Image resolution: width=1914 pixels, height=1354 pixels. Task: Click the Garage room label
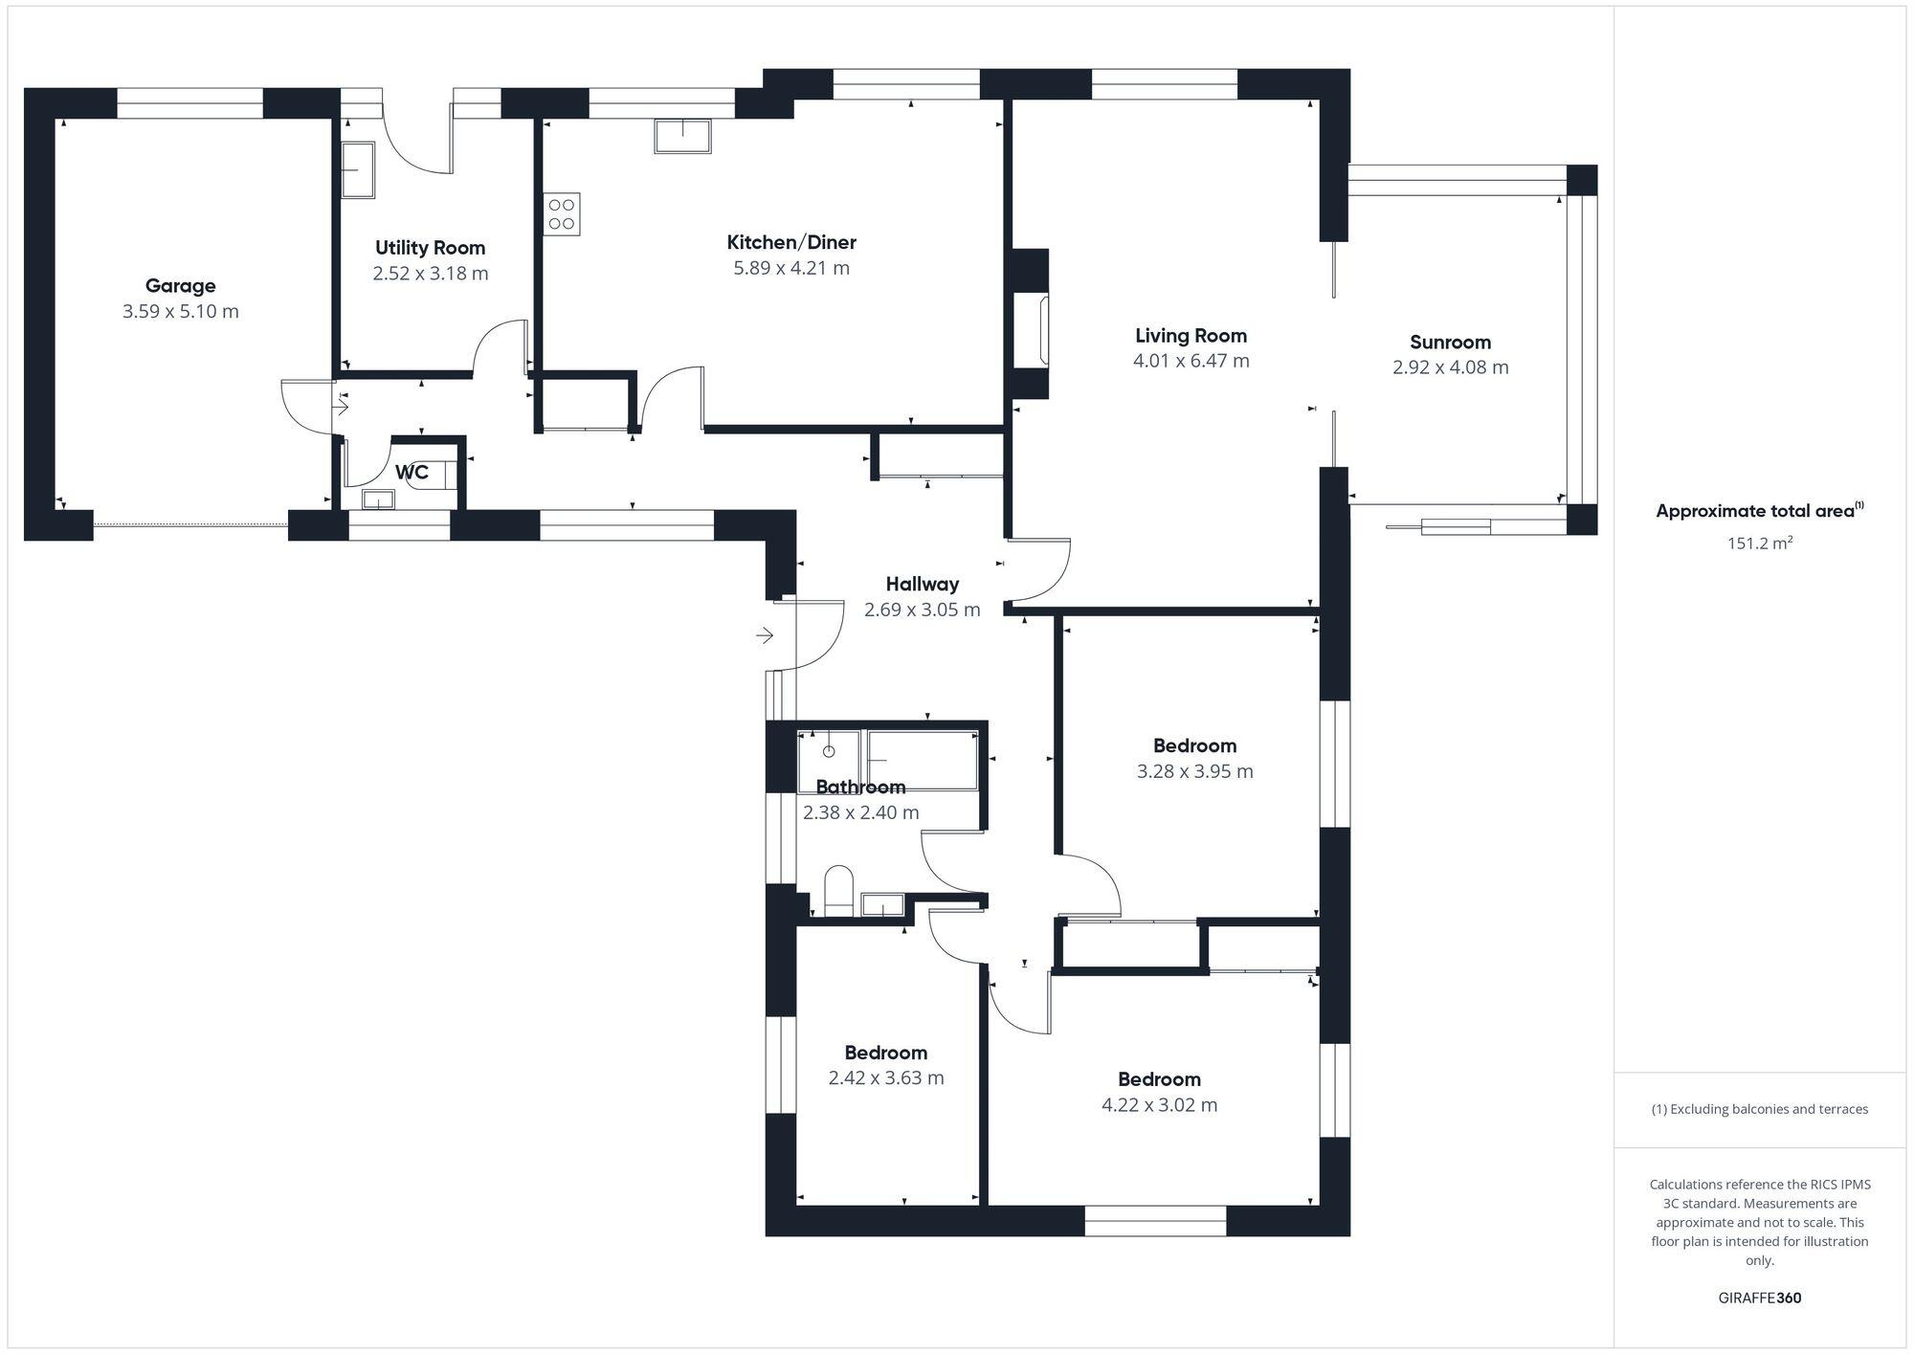pyautogui.click(x=180, y=285)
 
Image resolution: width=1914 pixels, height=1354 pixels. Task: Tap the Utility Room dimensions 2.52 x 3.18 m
pyautogui.click(x=430, y=274)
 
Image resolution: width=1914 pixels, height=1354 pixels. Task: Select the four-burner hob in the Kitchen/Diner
pyautogui.click(x=562, y=214)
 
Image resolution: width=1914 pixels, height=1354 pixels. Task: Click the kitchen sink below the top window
pyautogui.click(x=682, y=136)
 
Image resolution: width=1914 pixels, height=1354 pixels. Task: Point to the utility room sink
pyautogui.click(x=357, y=170)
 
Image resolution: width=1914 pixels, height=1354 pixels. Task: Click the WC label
pyautogui.click(x=412, y=473)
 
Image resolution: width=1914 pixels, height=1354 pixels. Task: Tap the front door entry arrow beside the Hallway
pyautogui.click(x=764, y=634)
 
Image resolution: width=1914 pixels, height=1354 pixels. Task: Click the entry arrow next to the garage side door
pyautogui.click(x=340, y=407)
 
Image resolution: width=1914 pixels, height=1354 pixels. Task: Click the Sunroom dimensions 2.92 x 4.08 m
pyautogui.click(x=1450, y=367)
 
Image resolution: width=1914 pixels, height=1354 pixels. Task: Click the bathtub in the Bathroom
pyautogui.click(x=923, y=760)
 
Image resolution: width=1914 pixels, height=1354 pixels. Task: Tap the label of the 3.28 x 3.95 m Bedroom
pyautogui.click(x=1193, y=745)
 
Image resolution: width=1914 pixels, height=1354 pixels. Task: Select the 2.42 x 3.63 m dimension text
pyautogui.click(x=885, y=1078)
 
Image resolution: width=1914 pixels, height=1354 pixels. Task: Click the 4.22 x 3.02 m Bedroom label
pyautogui.click(x=1158, y=1079)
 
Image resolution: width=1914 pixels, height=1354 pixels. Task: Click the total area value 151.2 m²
pyautogui.click(x=1759, y=544)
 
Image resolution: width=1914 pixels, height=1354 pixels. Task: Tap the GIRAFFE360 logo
pyautogui.click(x=1759, y=1299)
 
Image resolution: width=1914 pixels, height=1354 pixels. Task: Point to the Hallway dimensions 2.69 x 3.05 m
pyautogui.click(x=922, y=610)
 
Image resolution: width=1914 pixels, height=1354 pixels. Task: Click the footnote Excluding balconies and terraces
pyautogui.click(x=1759, y=1110)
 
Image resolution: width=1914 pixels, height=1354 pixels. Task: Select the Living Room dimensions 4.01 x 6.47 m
pyautogui.click(x=1191, y=361)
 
